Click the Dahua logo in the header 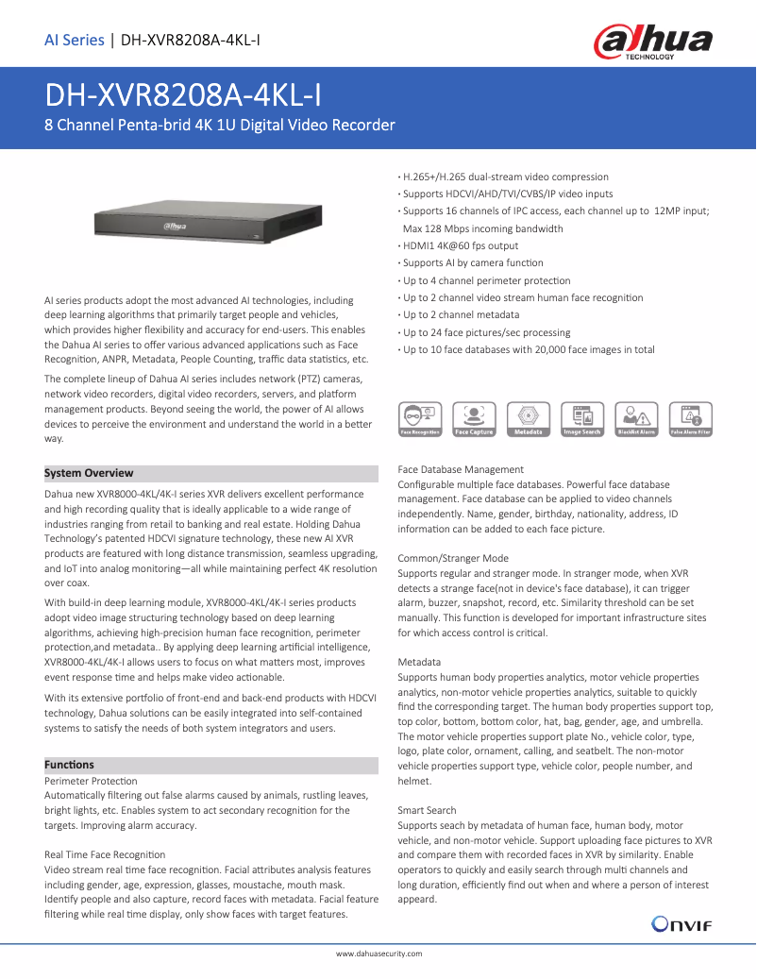pyautogui.click(x=651, y=42)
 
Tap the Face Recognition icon pyautogui.click(x=420, y=418)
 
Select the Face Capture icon pyautogui.click(x=474, y=418)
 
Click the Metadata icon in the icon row pyautogui.click(x=528, y=418)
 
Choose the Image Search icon pyautogui.click(x=581, y=418)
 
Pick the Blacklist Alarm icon pyautogui.click(x=636, y=418)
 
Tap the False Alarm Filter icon pyautogui.click(x=690, y=418)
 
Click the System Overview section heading pyautogui.click(x=90, y=473)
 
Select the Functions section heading pyautogui.click(x=70, y=765)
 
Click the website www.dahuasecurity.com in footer pyautogui.click(x=378, y=954)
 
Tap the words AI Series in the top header pyautogui.click(x=75, y=40)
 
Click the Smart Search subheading pyautogui.click(x=427, y=810)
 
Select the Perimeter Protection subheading pyautogui.click(x=91, y=781)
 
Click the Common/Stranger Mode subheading pyautogui.click(x=453, y=558)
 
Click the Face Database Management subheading pyautogui.click(x=461, y=469)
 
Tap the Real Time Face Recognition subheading pyautogui.click(x=105, y=854)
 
